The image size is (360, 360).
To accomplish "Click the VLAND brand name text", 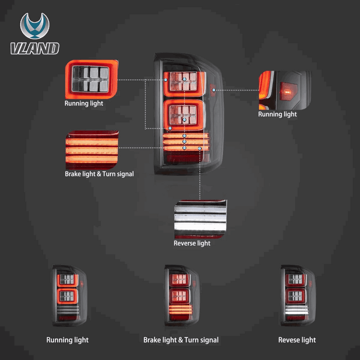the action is (x=35, y=48).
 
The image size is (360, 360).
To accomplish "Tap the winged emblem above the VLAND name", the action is (x=34, y=26).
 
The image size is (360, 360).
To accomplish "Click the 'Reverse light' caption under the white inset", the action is (x=192, y=243).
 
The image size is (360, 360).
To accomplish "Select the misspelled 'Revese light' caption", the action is (x=297, y=340).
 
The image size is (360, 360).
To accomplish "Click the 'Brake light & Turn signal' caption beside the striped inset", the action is (x=99, y=174).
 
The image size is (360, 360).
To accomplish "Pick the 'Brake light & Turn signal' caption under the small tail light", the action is (x=181, y=340).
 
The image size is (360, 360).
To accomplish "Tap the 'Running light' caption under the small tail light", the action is (x=67, y=340).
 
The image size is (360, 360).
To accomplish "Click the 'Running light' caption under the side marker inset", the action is (x=277, y=114).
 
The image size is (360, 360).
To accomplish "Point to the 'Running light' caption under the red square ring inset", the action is (x=84, y=103).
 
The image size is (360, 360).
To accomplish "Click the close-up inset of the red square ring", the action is (x=92, y=79).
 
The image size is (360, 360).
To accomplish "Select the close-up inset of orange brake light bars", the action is (x=92, y=150).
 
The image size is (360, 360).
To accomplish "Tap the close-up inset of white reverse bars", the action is (x=201, y=219).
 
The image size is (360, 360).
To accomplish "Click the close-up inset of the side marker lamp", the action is (x=285, y=90).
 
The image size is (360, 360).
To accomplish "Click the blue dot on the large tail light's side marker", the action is (x=214, y=90).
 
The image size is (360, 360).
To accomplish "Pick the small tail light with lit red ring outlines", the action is (x=69, y=296).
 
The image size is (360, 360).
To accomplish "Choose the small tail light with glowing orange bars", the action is (x=182, y=296).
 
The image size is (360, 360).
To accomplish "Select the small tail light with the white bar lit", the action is (x=298, y=296).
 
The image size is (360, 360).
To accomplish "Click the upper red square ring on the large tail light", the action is (x=184, y=84).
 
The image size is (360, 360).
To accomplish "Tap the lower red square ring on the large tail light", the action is (x=184, y=115).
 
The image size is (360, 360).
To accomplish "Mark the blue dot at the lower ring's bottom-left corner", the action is (x=170, y=128).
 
